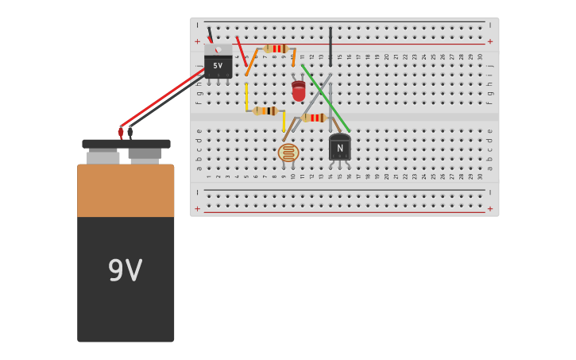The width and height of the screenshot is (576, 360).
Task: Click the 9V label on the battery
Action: (x=126, y=271)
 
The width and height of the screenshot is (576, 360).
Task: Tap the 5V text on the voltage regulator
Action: (x=218, y=66)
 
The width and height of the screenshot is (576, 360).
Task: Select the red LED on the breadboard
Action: (x=298, y=91)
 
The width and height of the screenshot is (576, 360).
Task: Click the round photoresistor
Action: (x=288, y=153)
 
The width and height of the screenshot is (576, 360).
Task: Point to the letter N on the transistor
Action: (x=340, y=149)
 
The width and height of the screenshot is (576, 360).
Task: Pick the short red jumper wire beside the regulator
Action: (x=241, y=49)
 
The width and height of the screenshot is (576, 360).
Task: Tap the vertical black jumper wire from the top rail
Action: (x=331, y=45)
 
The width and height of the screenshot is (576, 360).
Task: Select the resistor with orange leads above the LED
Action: (x=275, y=48)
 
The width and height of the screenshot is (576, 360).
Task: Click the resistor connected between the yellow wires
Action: (x=265, y=111)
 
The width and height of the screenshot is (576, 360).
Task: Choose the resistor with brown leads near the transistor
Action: (x=315, y=118)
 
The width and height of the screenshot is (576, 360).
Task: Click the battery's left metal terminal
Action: (x=102, y=157)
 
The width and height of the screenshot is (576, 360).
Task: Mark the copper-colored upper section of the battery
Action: (x=126, y=191)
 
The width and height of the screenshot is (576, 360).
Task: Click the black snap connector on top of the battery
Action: (x=126, y=144)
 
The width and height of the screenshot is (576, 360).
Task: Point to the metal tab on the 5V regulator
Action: (x=218, y=49)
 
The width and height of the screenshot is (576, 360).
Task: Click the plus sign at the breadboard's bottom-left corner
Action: (x=197, y=209)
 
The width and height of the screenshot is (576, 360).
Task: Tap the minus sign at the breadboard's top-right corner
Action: (x=490, y=25)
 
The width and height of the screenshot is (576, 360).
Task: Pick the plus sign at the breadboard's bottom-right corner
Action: (x=490, y=209)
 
